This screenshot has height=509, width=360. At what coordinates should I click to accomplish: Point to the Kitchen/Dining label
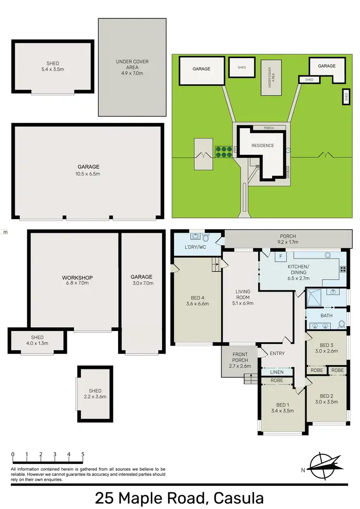click(x=298, y=269)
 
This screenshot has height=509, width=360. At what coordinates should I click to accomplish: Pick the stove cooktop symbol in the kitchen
click(x=343, y=270)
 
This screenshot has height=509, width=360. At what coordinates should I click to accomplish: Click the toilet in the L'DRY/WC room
click(x=206, y=237)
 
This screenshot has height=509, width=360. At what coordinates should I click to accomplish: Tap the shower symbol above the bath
click(x=315, y=298)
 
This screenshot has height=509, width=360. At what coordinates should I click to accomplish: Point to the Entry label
click(x=277, y=354)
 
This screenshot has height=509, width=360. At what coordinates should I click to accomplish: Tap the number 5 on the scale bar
click(x=83, y=454)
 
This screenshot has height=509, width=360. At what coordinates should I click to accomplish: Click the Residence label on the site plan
click(x=263, y=145)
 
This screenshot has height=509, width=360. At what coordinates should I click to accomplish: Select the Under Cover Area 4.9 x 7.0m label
click(x=132, y=67)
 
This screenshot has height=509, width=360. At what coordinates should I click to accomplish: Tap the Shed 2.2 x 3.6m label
click(x=95, y=393)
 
